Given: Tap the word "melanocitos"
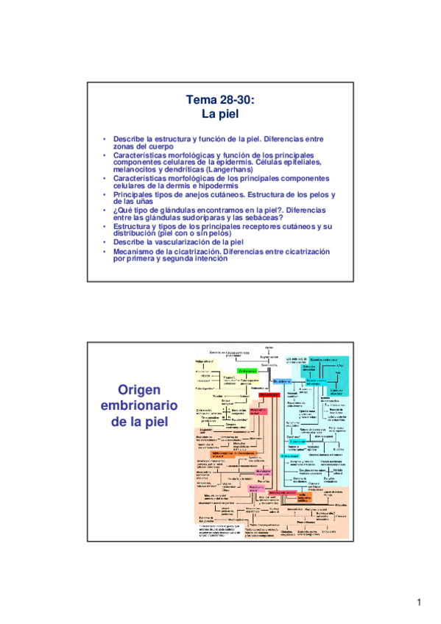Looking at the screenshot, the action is (137, 169).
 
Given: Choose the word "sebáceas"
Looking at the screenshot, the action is (262, 217).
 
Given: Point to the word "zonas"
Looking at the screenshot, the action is (127, 146).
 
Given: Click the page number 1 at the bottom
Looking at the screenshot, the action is (418, 603).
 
